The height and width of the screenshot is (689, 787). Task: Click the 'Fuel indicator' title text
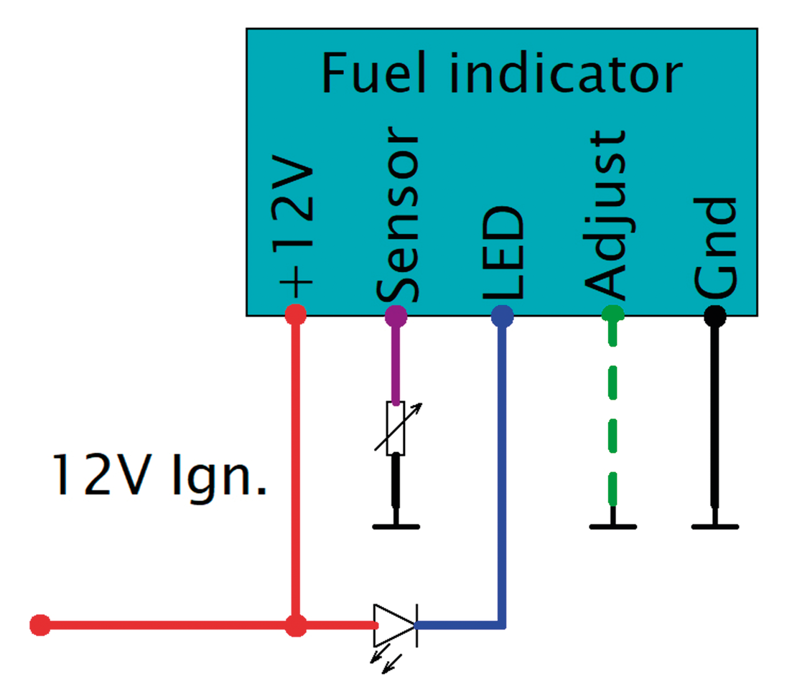pos(500,72)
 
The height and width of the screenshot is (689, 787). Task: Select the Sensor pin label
pos(396,215)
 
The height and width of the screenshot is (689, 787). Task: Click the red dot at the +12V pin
pos(296,314)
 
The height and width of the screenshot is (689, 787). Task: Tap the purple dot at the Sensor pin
pos(396,314)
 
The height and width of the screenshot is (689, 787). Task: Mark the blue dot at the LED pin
pos(502,314)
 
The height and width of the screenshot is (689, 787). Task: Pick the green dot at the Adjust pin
pos(613,314)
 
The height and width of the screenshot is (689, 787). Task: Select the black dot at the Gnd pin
pos(714,314)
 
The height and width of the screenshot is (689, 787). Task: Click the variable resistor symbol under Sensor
pos(396,428)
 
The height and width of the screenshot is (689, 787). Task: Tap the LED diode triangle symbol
pos(394,626)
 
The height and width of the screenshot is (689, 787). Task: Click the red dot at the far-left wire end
pos(40,626)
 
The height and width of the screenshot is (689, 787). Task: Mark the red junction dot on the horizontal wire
pos(296,626)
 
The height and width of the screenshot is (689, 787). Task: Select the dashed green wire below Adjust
pos(613,416)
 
